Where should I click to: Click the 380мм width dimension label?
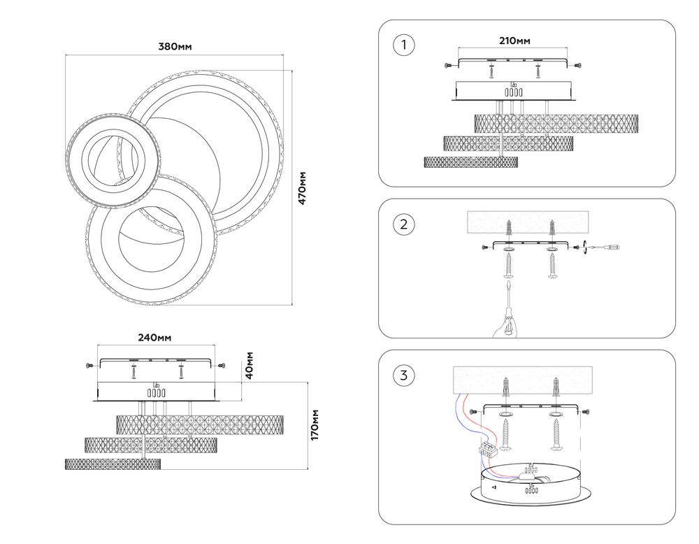pyautogui.click(x=175, y=46)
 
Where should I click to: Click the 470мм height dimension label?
pyautogui.click(x=302, y=187)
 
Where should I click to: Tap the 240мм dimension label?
pyautogui.click(x=154, y=338)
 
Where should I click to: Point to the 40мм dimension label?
pyautogui.click(x=250, y=365)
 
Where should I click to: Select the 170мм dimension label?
pyautogui.click(x=315, y=424)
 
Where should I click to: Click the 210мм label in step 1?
pyautogui.click(x=514, y=41)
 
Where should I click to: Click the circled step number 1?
pyautogui.click(x=404, y=45)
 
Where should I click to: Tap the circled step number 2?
pyautogui.click(x=404, y=224)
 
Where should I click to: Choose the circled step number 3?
pyautogui.click(x=404, y=375)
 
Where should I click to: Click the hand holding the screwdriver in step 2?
pyautogui.click(x=506, y=324)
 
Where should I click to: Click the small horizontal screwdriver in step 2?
pyautogui.click(x=603, y=247)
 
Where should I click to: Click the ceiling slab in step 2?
pyautogui.click(x=527, y=222)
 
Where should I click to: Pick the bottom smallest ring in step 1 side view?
pyautogui.click(x=470, y=162)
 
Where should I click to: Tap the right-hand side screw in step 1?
pyautogui.click(x=577, y=66)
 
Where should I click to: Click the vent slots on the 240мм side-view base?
pyautogui.click(x=157, y=393)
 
